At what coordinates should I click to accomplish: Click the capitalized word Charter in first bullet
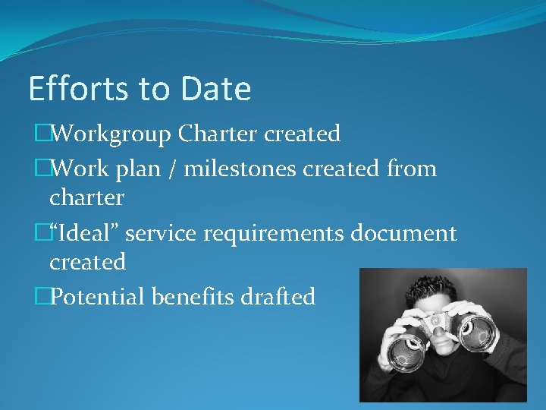(x=218, y=134)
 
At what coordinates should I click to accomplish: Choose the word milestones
(x=240, y=169)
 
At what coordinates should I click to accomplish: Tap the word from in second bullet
(x=410, y=169)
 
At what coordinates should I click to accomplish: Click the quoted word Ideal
(x=83, y=233)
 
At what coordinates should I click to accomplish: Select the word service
(x=161, y=233)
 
